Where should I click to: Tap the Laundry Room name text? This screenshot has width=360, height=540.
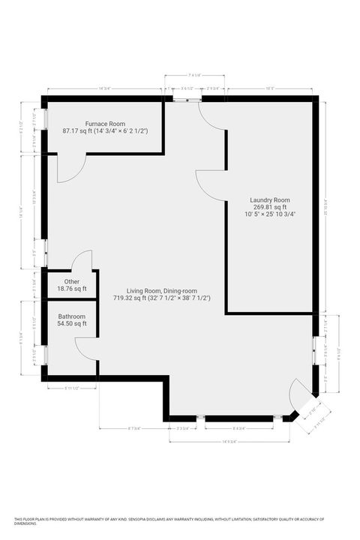tap(270, 200)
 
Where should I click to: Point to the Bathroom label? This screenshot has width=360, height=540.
tap(72, 317)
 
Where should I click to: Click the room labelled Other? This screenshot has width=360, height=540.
tap(72, 281)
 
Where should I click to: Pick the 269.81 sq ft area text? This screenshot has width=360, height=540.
tap(270, 208)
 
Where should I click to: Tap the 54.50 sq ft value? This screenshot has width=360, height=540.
tap(72, 325)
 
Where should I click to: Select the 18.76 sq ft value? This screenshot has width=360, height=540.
tap(72, 289)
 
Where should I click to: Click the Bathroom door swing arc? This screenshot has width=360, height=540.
tap(85, 347)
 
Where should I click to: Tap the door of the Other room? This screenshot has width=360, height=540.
tap(82, 259)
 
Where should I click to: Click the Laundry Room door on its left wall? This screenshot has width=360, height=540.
tap(211, 184)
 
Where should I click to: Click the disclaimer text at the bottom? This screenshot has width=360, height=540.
tap(180, 520)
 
